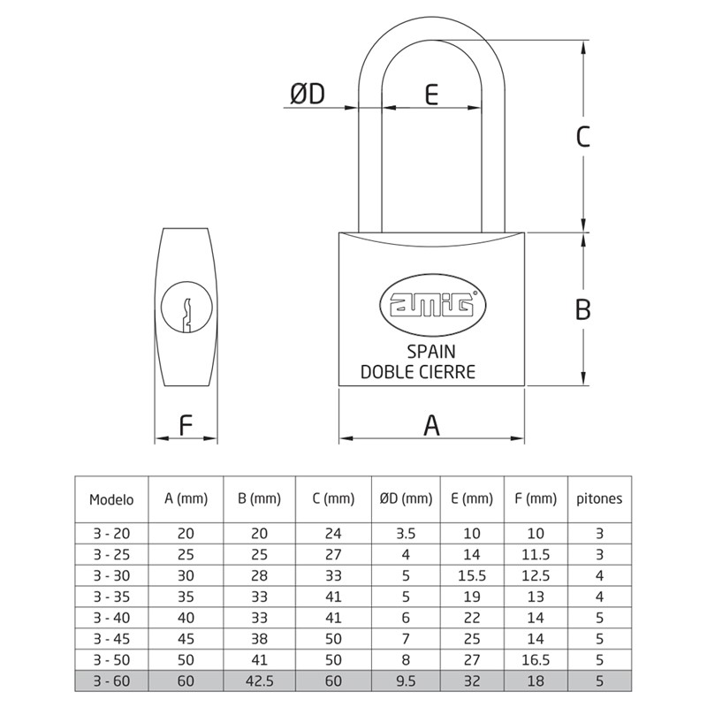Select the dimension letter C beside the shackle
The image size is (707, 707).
(582, 137)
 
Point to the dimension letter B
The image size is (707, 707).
(582, 309)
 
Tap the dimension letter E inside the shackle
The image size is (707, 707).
(431, 94)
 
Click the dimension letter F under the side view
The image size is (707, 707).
(186, 425)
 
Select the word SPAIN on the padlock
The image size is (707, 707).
(431, 352)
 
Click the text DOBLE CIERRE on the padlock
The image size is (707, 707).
(418, 372)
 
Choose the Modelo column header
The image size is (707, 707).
(111, 498)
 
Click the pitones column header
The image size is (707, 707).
(599, 498)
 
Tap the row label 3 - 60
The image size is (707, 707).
(111, 682)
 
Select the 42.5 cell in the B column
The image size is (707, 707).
(259, 682)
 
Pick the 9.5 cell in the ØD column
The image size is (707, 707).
(406, 682)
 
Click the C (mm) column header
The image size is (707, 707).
(332, 498)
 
